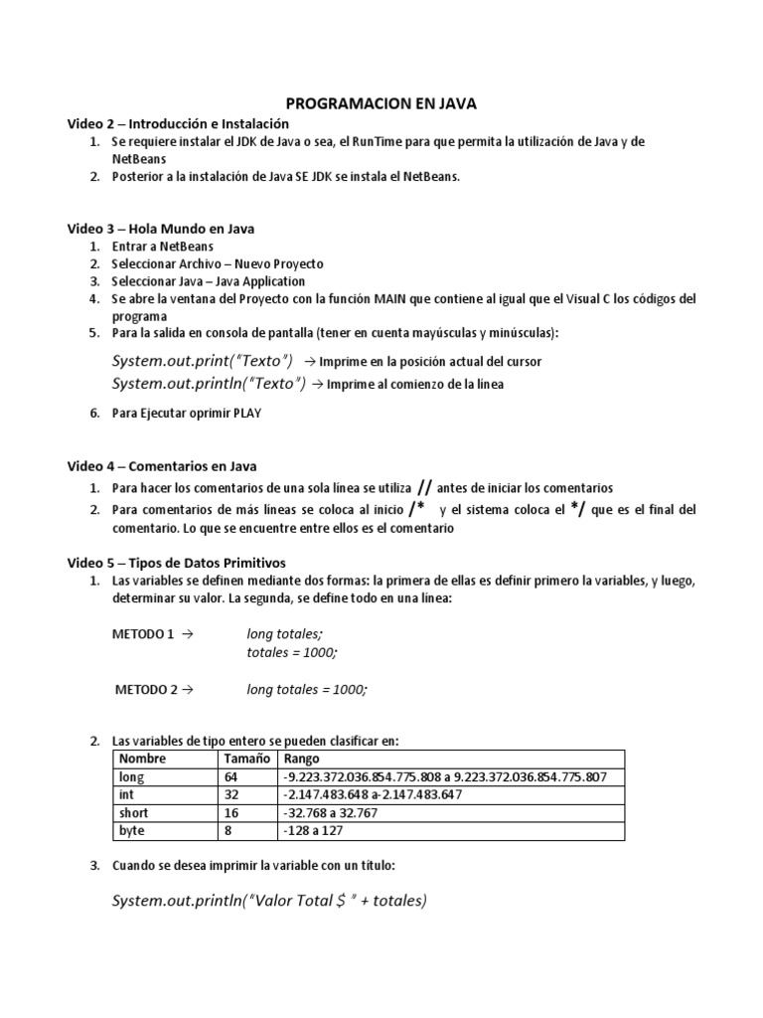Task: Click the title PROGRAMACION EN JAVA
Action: (x=381, y=102)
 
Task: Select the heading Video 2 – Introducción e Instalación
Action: (x=178, y=123)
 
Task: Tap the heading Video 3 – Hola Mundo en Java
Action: (x=160, y=229)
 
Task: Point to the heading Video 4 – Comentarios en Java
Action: (x=161, y=465)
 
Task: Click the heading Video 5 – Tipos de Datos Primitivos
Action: (x=176, y=563)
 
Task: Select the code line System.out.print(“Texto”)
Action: (x=203, y=360)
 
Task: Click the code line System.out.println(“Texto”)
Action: (x=209, y=383)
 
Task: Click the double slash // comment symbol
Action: (x=424, y=487)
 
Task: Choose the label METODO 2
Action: (x=146, y=689)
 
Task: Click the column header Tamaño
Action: (x=246, y=759)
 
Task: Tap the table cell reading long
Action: (x=131, y=776)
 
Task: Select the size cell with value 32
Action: (x=233, y=794)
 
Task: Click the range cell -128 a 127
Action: (x=313, y=830)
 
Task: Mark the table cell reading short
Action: (x=133, y=812)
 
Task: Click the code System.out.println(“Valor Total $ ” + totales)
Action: (x=269, y=901)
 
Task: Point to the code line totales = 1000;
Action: (x=292, y=651)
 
